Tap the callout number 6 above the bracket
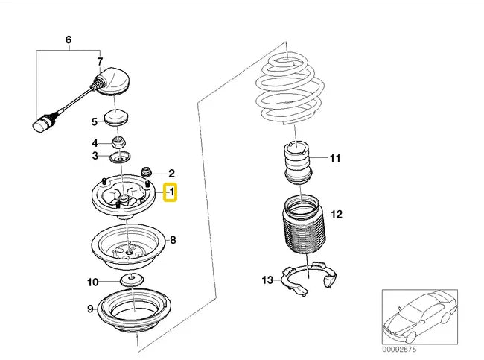pos(69,40)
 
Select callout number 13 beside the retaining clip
pos(267,280)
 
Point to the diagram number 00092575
pos(399,350)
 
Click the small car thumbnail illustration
pos(420,317)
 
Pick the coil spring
pos(290,89)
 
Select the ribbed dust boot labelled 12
pos(304,224)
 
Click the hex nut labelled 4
pos(119,142)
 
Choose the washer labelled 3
pos(121,157)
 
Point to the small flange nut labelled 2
pos(146,172)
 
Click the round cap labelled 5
pos(117,118)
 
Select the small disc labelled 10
pos(132,280)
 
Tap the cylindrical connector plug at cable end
pos(42,124)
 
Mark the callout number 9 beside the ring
pos(90,309)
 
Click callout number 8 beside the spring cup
pos(173,240)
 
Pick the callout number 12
pos(337,214)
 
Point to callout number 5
pos(95,121)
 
